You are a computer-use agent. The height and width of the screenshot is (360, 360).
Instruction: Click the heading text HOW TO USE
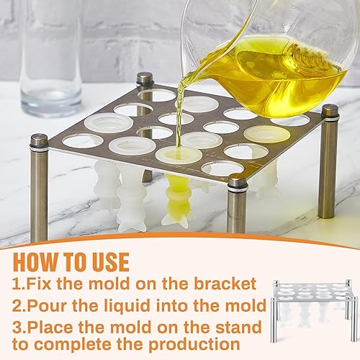tap(71, 261)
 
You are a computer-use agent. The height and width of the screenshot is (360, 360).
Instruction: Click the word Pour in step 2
tap(45, 306)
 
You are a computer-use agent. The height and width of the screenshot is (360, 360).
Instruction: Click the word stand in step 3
tap(235, 328)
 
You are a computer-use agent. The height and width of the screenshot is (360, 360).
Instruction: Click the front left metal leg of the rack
tap(39, 187)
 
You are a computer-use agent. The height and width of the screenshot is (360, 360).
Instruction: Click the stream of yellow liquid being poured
tap(181, 108)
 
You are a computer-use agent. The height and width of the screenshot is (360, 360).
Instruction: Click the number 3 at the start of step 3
tap(17, 328)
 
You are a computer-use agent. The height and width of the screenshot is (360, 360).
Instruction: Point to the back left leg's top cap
tap(145, 78)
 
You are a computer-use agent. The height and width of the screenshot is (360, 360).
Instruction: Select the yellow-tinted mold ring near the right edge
tap(266, 134)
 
